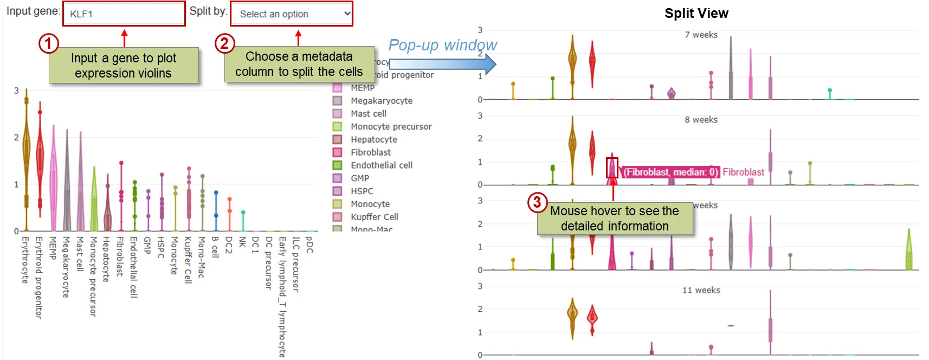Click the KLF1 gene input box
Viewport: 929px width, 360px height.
(x=124, y=14)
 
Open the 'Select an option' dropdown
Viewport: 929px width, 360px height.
(x=292, y=14)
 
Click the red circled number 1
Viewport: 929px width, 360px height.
(x=48, y=43)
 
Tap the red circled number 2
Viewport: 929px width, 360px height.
(x=224, y=43)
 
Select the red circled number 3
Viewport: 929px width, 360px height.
(x=537, y=202)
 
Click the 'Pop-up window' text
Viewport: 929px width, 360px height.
(x=442, y=45)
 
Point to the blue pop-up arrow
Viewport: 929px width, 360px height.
(x=442, y=64)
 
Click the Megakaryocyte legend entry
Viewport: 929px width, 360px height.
(x=381, y=100)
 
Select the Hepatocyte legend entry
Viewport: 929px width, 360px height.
(x=373, y=139)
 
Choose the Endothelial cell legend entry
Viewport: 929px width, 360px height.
(x=381, y=165)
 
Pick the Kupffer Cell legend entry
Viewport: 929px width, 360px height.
(x=374, y=217)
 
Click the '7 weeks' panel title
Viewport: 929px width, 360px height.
(x=701, y=35)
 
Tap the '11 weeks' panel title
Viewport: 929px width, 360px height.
(x=701, y=291)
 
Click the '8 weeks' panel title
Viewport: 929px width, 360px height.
(x=701, y=120)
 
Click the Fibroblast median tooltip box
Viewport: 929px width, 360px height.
(x=670, y=172)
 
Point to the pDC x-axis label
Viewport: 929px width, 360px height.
(x=309, y=245)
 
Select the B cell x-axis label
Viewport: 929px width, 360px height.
(x=215, y=247)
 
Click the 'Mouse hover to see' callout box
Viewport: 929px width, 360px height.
(x=615, y=218)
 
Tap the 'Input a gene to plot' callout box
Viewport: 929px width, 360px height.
(x=124, y=66)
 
